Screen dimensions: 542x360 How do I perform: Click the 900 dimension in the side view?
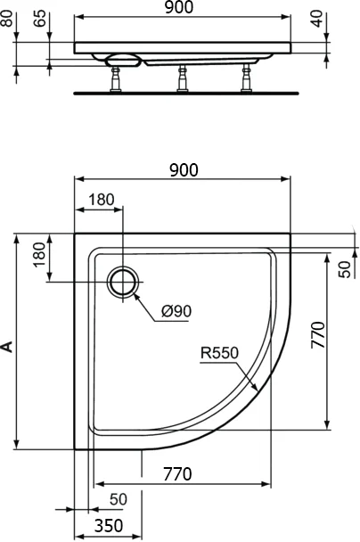point(182,9)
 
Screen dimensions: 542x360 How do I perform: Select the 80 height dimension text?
point(9,19)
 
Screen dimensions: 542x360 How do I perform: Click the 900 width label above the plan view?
point(182,169)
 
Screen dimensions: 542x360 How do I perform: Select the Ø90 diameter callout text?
point(176,311)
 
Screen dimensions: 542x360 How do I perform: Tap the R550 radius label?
point(218,353)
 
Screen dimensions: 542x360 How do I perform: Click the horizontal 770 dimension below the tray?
point(178,474)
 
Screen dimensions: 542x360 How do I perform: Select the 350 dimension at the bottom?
point(108,527)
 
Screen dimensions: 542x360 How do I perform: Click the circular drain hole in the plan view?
point(123,282)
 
